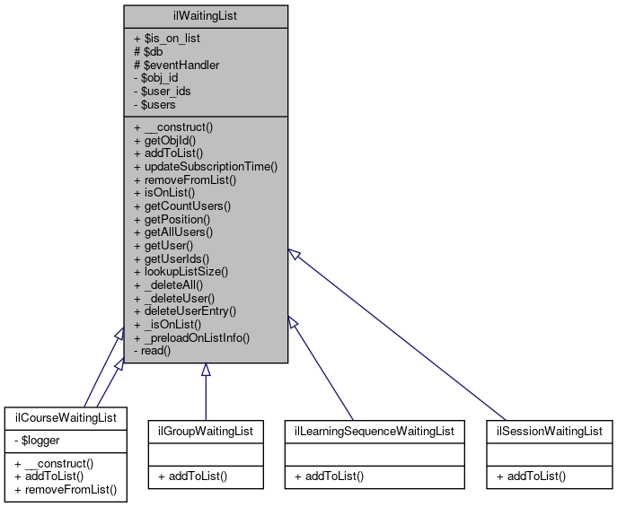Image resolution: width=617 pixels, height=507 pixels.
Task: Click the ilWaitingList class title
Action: click(205, 15)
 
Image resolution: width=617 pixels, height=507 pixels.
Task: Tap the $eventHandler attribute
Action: click(176, 65)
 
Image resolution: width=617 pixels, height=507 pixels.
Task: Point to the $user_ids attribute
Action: click(167, 92)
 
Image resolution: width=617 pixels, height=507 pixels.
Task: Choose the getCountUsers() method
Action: click(182, 205)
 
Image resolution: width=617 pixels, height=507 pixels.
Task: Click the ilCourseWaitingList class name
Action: click(65, 419)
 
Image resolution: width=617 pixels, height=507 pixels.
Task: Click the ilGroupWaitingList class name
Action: click(206, 431)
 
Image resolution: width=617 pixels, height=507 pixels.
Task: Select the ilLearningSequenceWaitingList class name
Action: click(374, 431)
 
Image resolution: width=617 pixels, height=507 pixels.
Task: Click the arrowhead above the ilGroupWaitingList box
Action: click(206, 370)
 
